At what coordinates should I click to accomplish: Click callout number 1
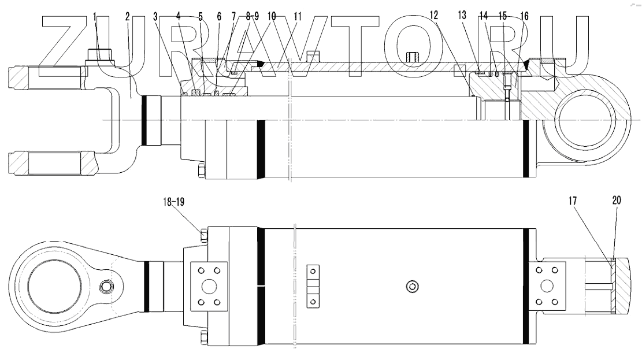pyautogui.click(x=95, y=17)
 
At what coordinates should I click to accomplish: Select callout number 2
pyautogui.click(x=128, y=17)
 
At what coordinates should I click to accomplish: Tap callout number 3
pyautogui.click(x=155, y=17)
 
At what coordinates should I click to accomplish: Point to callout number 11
pyautogui.click(x=298, y=17)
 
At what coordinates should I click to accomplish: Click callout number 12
pyautogui.click(x=434, y=15)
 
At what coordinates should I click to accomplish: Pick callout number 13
pyautogui.click(x=462, y=15)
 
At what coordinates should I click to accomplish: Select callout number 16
pyautogui.click(x=525, y=16)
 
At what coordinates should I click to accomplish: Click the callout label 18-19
pyautogui.click(x=173, y=202)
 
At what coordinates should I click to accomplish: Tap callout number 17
pyautogui.click(x=573, y=201)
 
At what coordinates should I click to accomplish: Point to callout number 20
pyautogui.click(x=617, y=201)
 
